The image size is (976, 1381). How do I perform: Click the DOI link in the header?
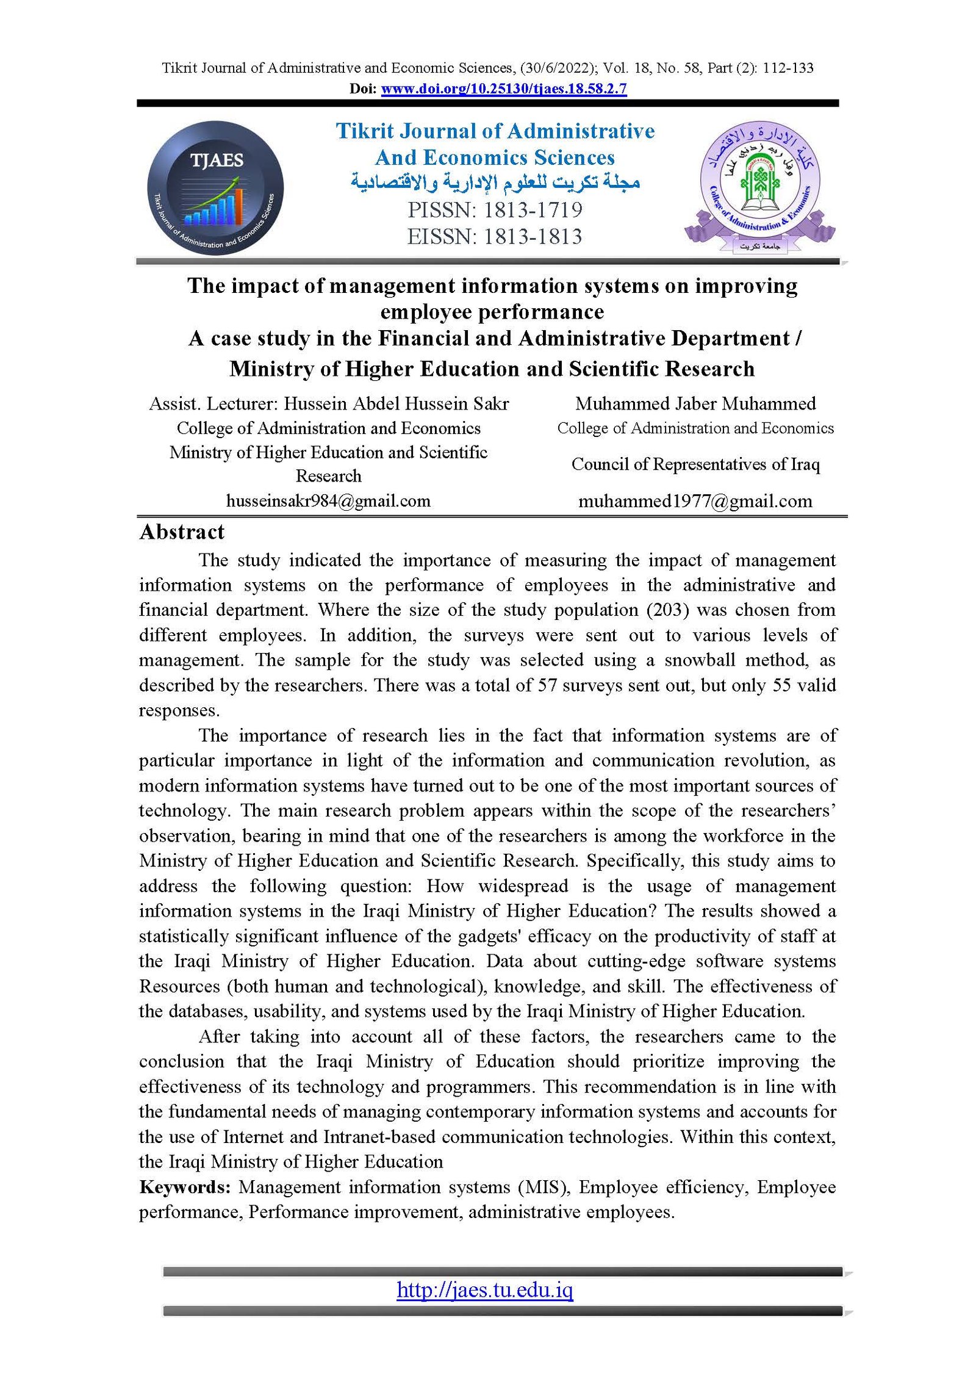[x=503, y=88]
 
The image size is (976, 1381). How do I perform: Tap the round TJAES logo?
[x=215, y=188]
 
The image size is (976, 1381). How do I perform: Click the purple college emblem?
[x=759, y=187]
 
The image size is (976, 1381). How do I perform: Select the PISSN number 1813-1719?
[x=533, y=210]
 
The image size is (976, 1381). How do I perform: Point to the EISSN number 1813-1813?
[x=533, y=237]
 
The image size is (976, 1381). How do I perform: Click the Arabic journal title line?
[x=495, y=182]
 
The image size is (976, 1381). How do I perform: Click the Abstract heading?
[x=182, y=532]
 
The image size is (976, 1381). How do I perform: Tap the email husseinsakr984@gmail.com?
[x=328, y=501]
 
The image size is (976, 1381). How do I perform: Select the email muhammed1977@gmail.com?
[x=695, y=501]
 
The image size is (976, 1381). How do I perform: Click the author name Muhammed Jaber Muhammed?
[x=695, y=403]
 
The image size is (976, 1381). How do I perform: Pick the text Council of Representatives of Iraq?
[x=695, y=464]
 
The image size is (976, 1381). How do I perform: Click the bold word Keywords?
[x=184, y=1187]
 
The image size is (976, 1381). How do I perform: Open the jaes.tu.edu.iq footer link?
[x=484, y=1289]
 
